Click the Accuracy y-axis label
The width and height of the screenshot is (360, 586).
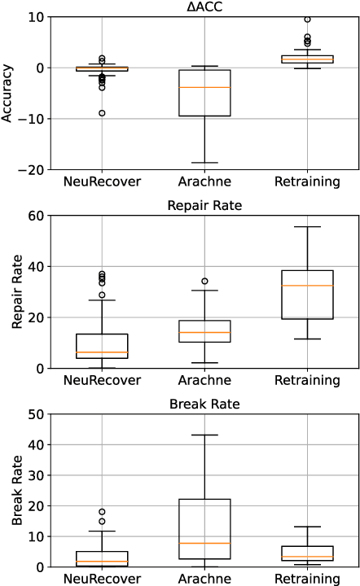point(7,94)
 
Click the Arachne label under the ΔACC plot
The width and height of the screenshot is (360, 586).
point(204,181)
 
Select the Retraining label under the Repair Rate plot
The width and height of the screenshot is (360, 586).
point(306,380)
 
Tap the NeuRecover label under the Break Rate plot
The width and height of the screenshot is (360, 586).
point(102,579)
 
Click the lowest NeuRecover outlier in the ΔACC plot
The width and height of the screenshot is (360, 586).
point(102,113)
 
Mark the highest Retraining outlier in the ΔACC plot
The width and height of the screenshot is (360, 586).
point(307,19)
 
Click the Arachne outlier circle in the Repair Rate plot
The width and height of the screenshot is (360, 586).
point(204,281)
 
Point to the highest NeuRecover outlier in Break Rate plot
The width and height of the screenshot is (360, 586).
point(102,512)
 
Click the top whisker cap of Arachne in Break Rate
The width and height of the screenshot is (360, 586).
point(204,435)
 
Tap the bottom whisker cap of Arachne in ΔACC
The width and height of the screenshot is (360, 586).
point(204,163)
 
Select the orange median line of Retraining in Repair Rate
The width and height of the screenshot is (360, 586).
point(307,286)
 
